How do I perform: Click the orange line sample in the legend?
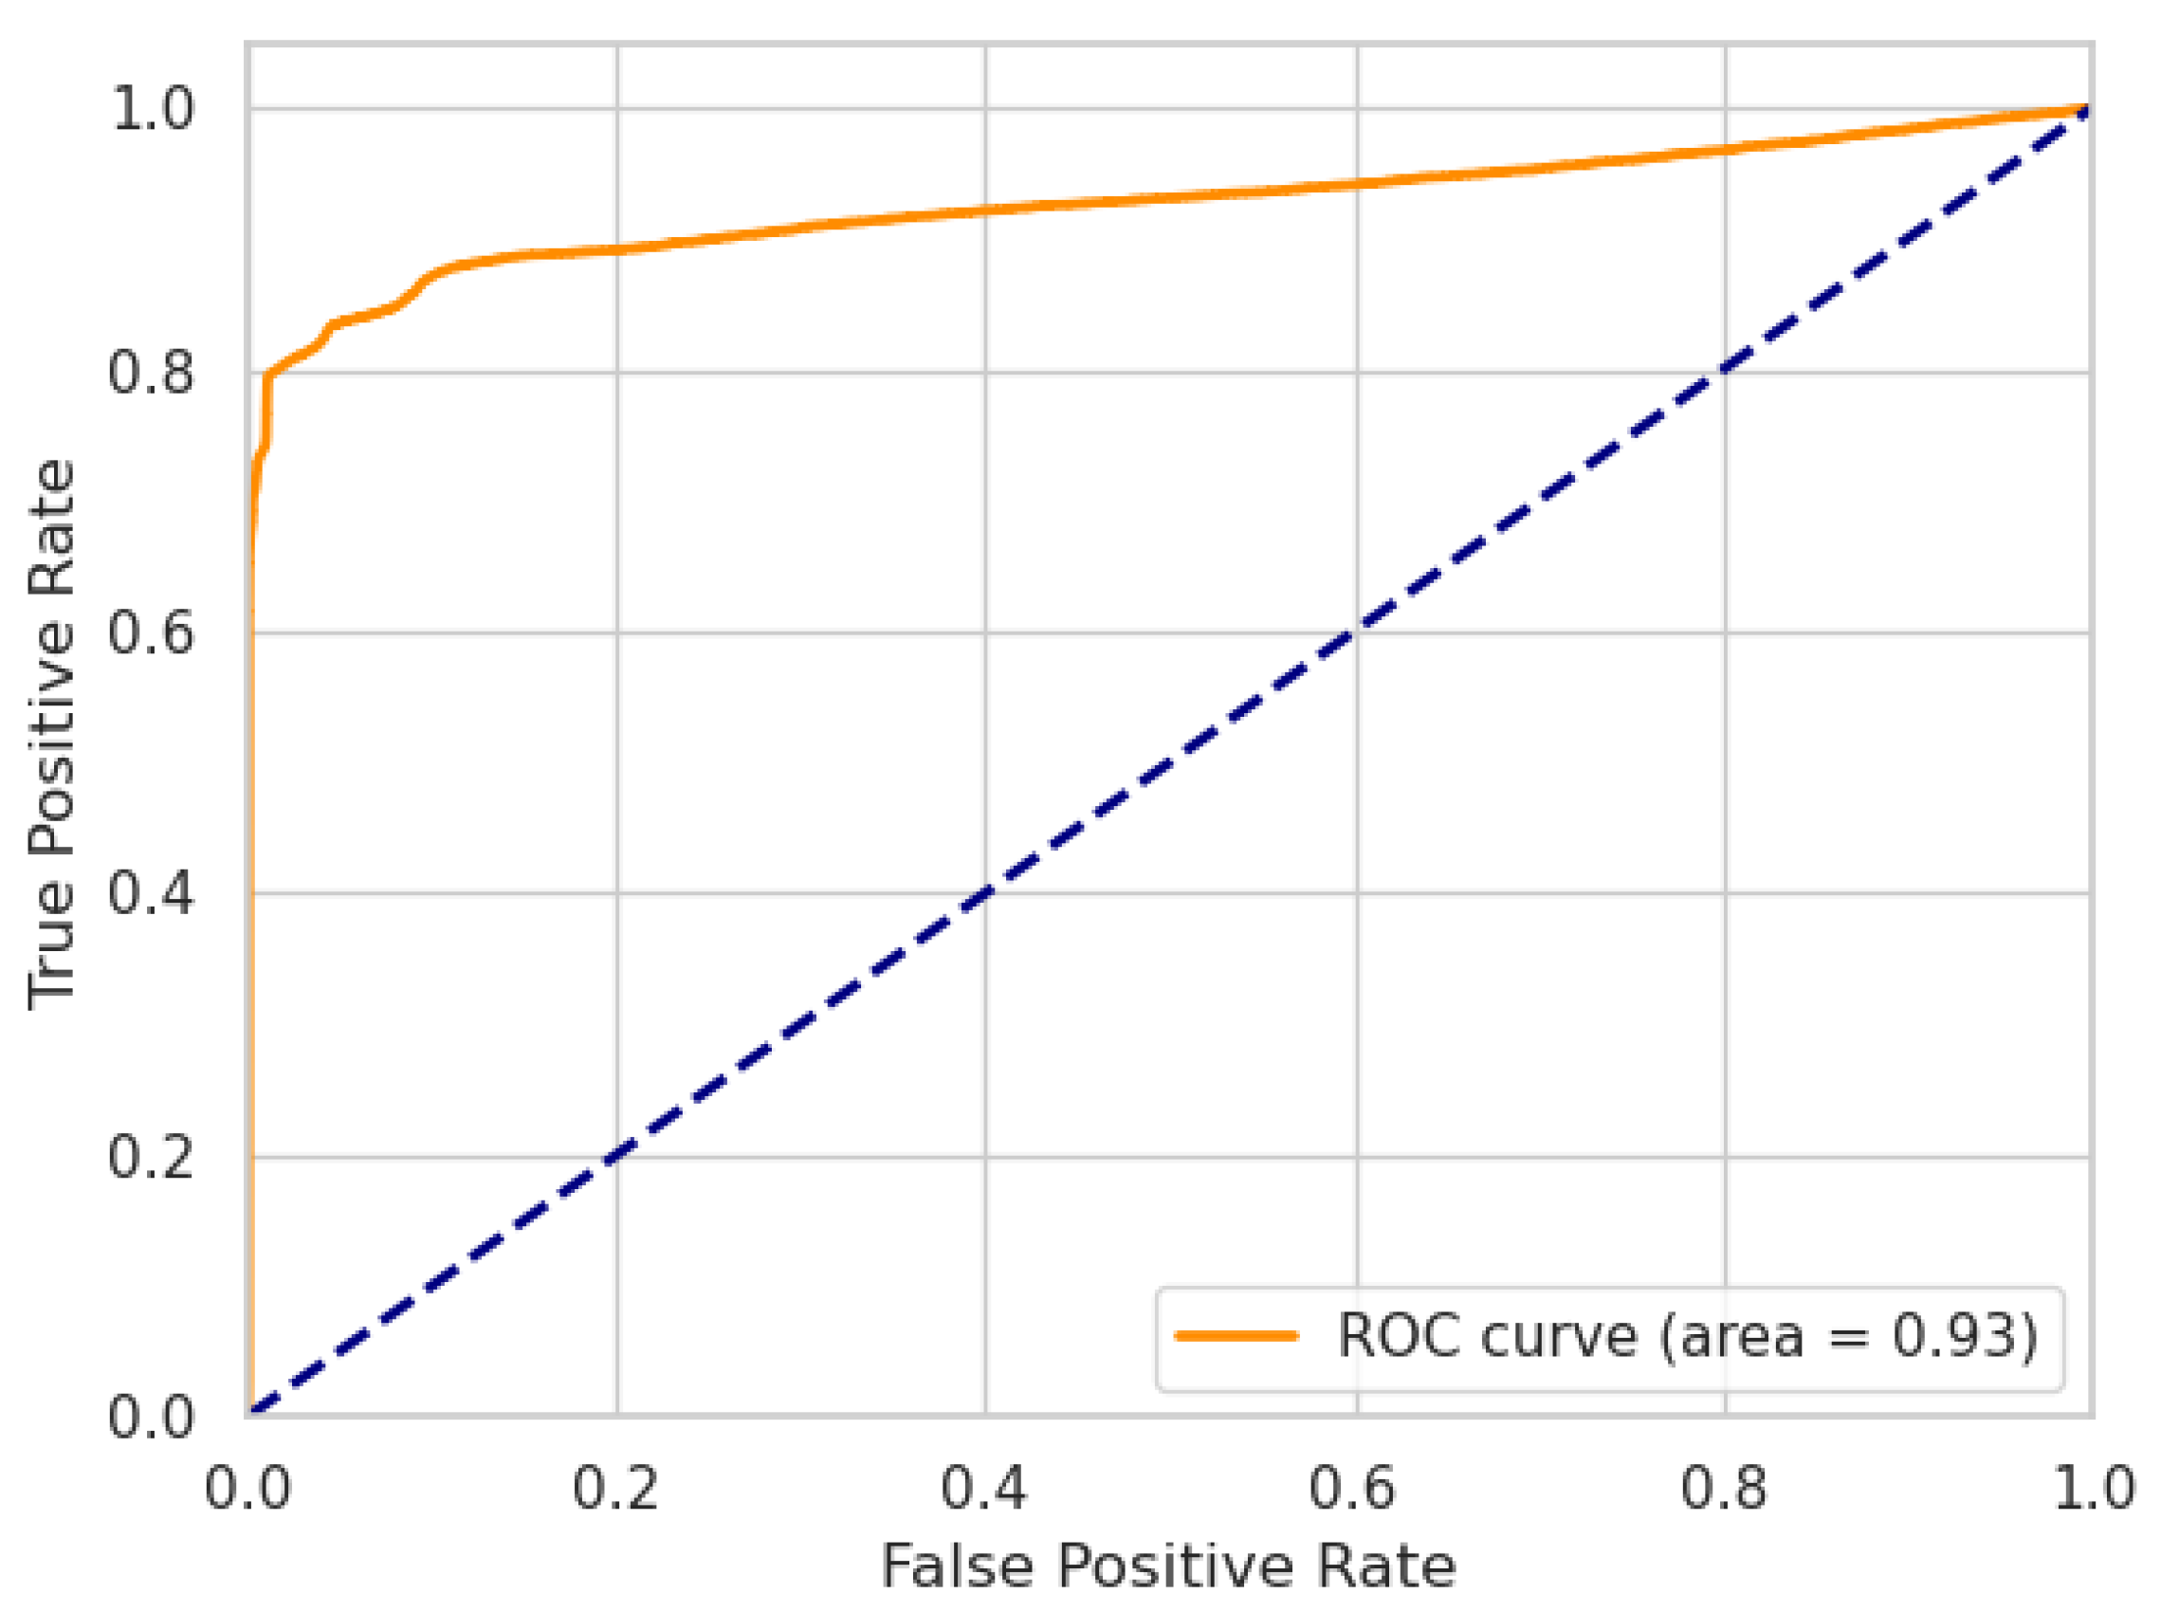click(1236, 1336)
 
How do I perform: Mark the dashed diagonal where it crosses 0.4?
click(985, 893)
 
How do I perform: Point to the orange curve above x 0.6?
click(1356, 183)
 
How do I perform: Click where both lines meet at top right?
click(2087, 108)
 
